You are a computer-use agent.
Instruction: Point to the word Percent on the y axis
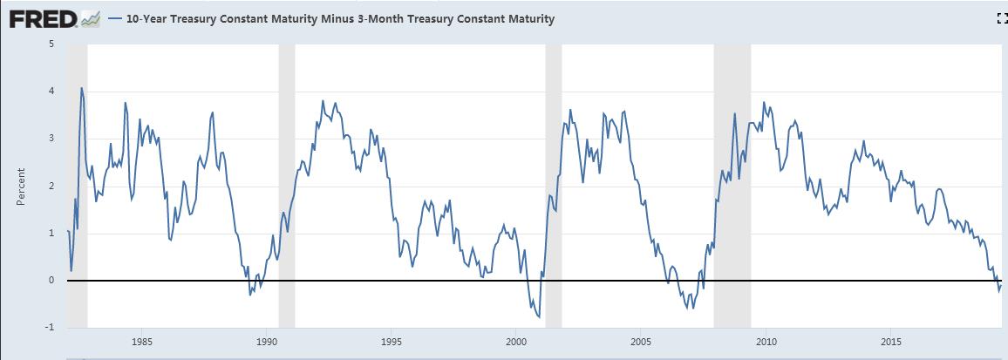point(20,187)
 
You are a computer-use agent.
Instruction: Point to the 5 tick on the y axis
point(51,44)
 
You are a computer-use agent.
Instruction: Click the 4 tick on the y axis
point(51,91)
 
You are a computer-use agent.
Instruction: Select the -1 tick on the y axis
point(50,328)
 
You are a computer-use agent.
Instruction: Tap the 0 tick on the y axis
point(51,281)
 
